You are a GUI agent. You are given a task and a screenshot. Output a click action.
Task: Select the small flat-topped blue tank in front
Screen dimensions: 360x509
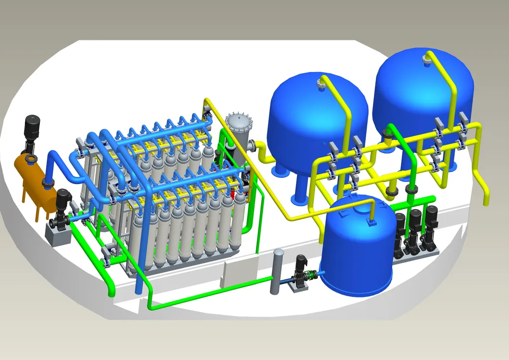click(356, 250)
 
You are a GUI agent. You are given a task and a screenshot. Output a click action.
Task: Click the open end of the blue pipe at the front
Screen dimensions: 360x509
click(138, 290)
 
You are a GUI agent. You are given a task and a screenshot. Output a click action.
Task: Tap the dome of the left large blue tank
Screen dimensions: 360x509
click(308, 111)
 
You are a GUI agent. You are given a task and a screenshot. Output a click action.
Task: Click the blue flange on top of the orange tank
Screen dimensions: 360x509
click(30, 159)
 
